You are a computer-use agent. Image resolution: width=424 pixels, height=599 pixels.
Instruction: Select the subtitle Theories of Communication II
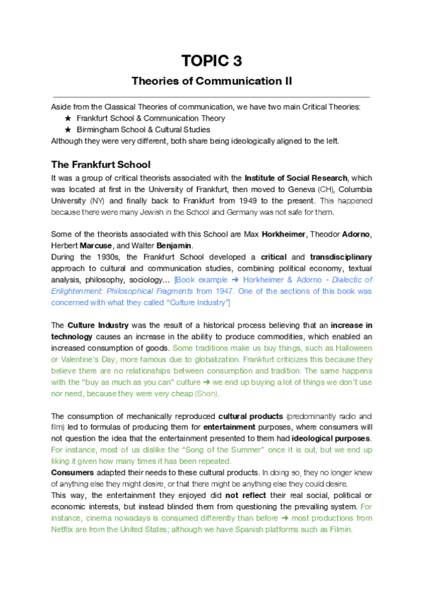click(212, 81)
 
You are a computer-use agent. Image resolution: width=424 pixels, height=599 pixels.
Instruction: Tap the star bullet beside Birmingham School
click(68, 130)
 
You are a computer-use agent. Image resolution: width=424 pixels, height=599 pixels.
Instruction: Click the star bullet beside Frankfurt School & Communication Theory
click(68, 119)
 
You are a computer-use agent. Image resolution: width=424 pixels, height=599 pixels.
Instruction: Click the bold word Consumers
click(73, 473)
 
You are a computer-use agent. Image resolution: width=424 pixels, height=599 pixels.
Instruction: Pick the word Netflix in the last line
click(67, 529)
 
